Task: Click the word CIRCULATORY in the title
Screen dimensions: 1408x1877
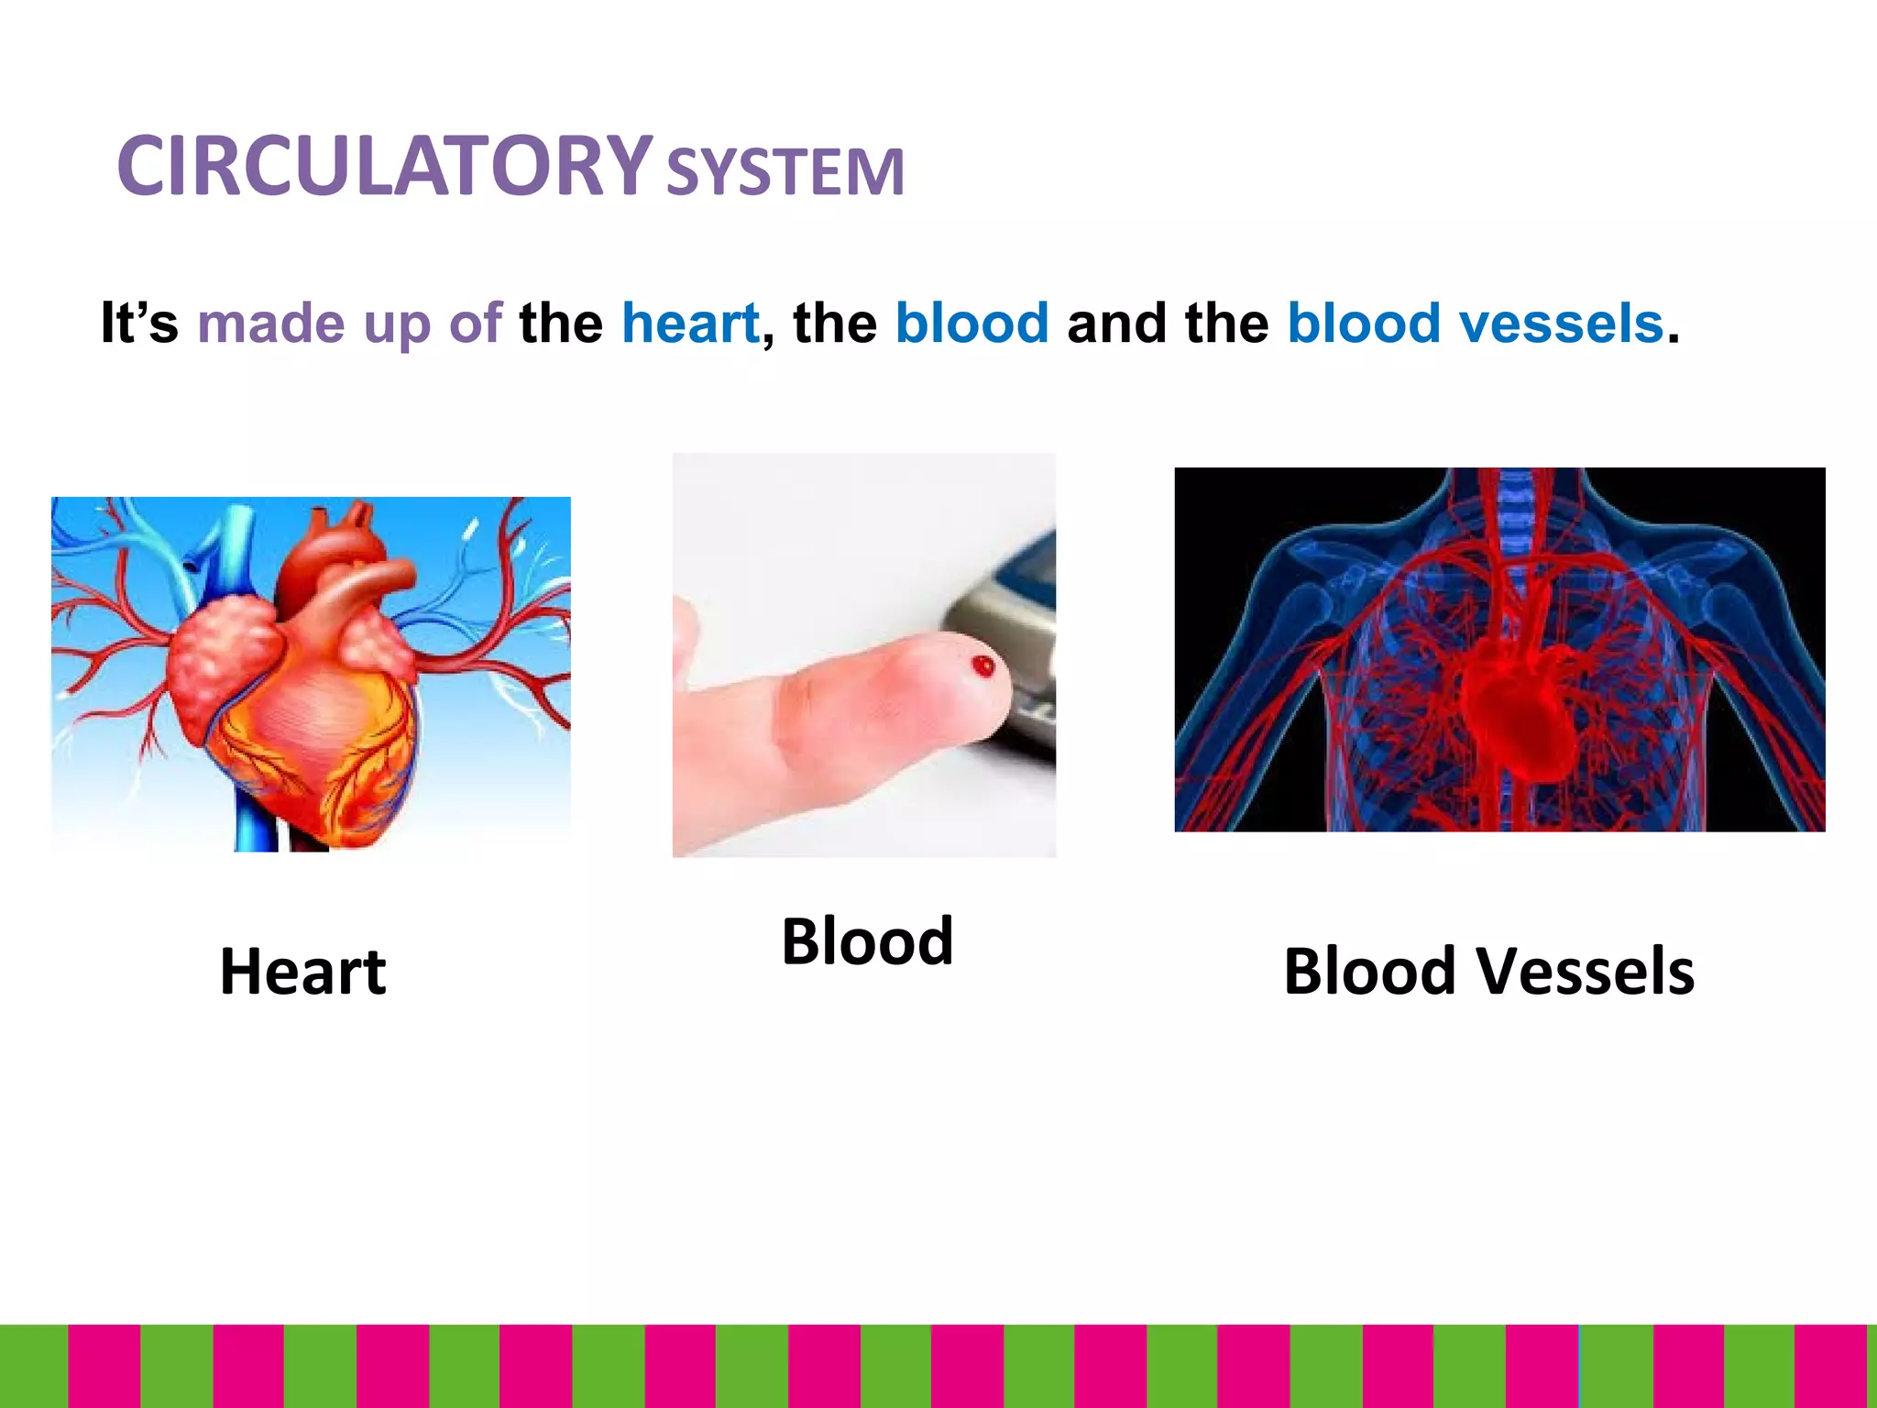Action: point(385,167)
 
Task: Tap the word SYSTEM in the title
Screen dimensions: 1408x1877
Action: point(785,172)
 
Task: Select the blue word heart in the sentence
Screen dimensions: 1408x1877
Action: point(690,324)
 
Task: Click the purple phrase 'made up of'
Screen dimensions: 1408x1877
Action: point(349,324)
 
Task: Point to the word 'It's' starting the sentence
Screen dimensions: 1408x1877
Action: point(139,324)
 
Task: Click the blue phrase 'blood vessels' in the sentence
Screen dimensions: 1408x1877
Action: point(1475,324)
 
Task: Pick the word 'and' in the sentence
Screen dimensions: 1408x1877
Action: point(1115,324)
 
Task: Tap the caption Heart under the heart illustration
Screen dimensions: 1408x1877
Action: point(303,972)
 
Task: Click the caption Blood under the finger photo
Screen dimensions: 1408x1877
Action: point(867,941)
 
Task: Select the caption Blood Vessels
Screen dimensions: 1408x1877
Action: point(1488,972)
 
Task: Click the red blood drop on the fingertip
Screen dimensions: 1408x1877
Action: point(983,665)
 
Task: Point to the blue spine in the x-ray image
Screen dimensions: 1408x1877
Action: point(1517,513)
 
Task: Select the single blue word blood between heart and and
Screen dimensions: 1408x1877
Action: point(971,324)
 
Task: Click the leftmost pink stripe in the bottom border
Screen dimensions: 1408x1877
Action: point(104,1366)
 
